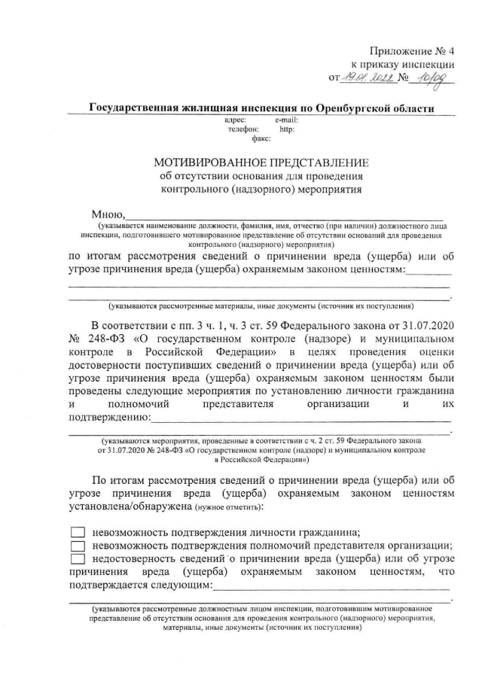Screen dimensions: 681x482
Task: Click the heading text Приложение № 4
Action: pos(412,51)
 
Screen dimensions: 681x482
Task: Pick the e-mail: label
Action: pos(287,120)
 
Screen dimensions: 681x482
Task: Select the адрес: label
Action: pos(236,120)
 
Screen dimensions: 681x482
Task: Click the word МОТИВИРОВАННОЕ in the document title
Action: pos(207,163)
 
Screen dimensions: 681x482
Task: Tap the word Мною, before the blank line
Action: pos(108,217)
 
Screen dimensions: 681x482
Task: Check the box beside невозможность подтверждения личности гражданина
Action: pos(78,530)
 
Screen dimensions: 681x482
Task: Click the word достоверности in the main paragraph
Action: pos(108,364)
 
